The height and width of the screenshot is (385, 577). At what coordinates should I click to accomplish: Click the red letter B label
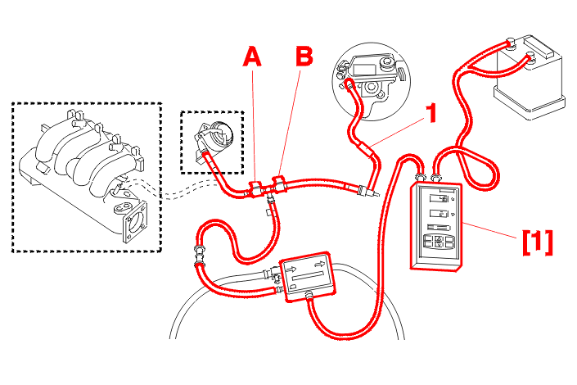(304, 57)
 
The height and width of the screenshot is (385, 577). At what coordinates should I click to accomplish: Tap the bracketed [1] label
(537, 241)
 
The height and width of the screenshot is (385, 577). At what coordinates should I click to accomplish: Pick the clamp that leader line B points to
(279, 183)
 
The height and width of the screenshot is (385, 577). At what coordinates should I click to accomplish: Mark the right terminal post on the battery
(530, 55)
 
